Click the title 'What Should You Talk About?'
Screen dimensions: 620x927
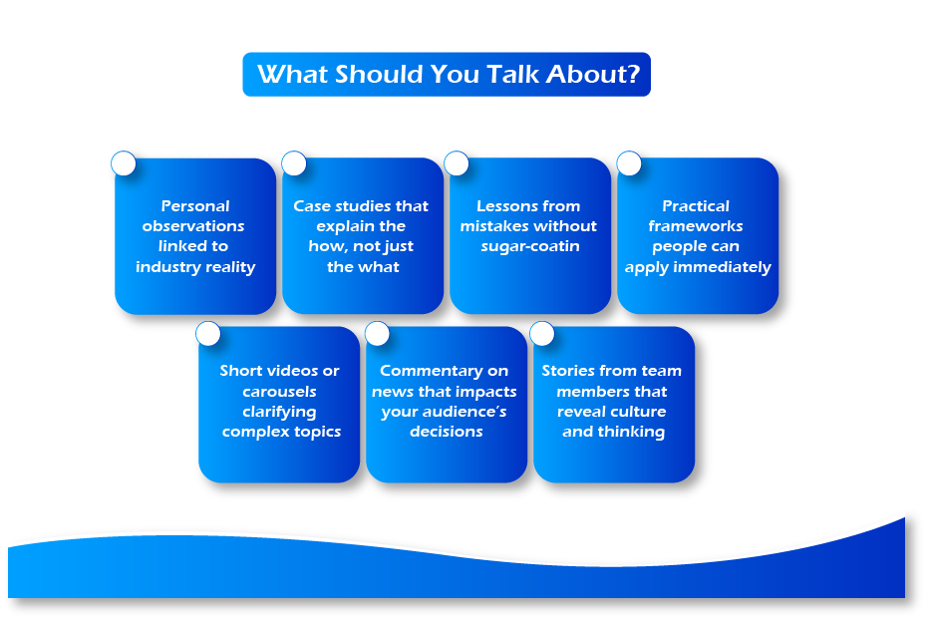[448, 75]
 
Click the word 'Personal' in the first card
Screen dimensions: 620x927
[195, 206]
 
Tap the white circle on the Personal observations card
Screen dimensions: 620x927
[124, 163]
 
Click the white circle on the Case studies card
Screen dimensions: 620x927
[293, 163]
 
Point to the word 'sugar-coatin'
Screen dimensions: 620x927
[530, 246]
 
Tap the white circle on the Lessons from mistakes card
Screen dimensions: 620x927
[457, 163]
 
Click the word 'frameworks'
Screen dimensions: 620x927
[696, 226]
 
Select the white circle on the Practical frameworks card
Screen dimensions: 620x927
[629, 163]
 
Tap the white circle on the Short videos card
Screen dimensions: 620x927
[207, 333]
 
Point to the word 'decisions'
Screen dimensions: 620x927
[446, 432]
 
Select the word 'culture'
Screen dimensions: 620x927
[639, 412]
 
